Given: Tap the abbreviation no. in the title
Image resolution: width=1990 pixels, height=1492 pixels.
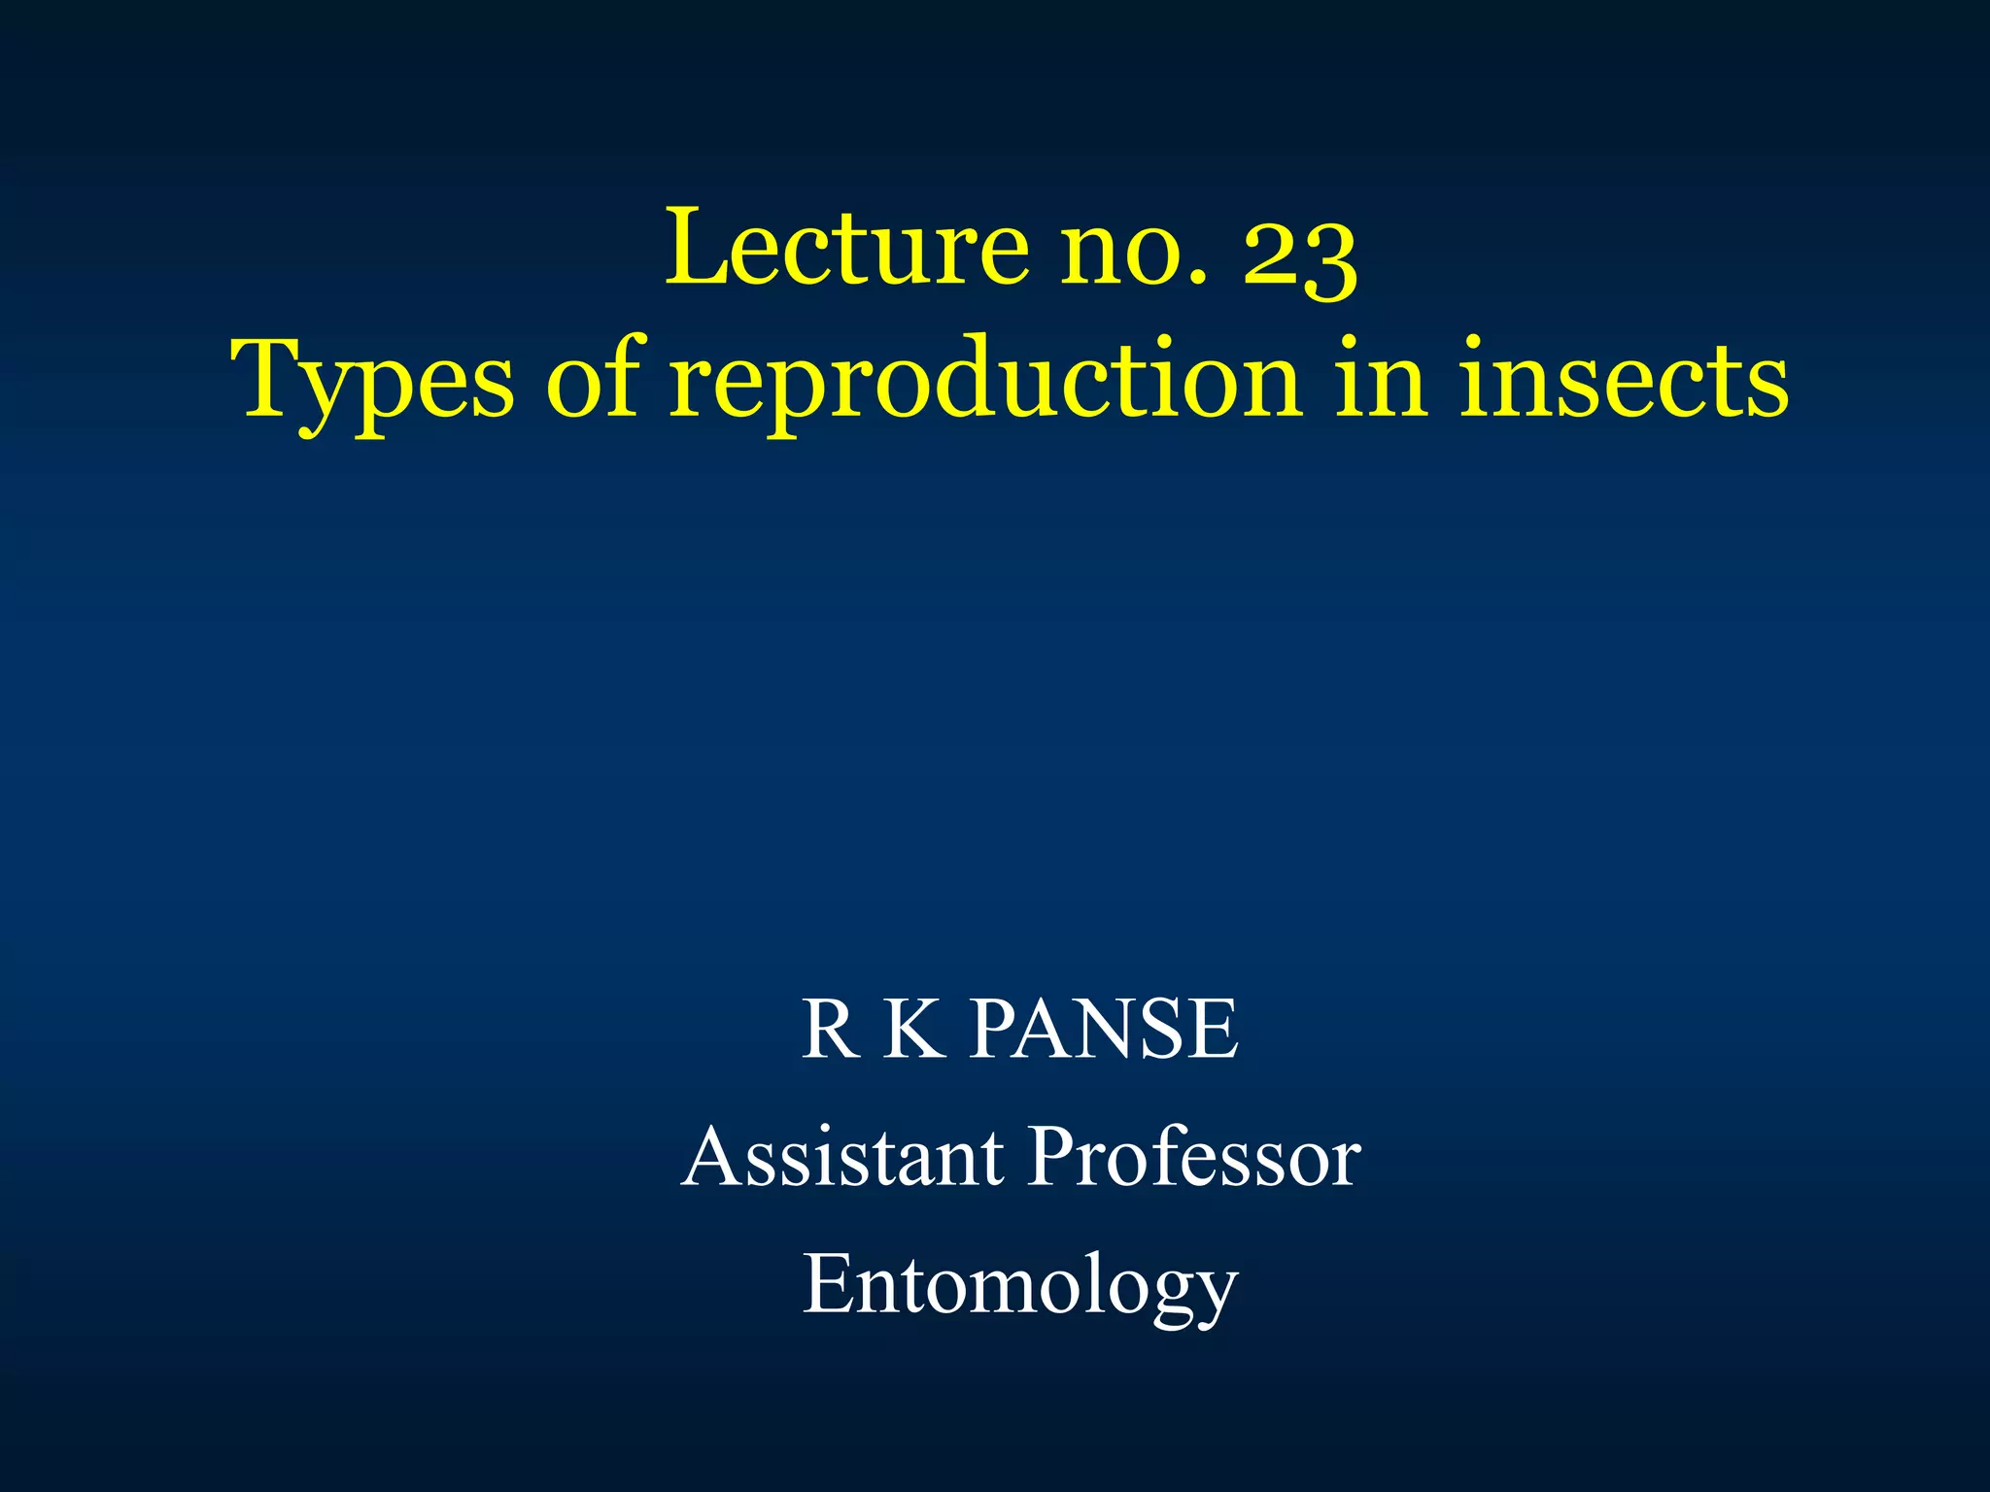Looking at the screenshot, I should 1133,250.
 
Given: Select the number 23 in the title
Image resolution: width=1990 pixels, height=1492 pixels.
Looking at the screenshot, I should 1300,254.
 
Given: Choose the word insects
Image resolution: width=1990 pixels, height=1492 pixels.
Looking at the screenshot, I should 1624,381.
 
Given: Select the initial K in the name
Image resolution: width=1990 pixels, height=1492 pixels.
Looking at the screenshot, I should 913,1029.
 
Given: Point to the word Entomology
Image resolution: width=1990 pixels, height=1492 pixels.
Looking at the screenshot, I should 1019,1287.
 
